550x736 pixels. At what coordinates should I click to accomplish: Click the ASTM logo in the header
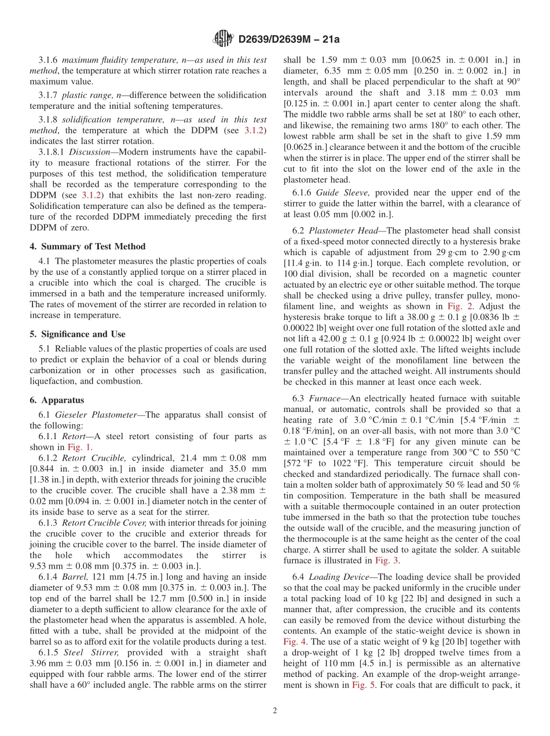[x=225, y=39]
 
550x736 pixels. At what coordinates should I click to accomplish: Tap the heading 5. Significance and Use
[x=78, y=334]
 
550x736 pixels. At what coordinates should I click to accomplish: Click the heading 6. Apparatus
[x=57, y=400]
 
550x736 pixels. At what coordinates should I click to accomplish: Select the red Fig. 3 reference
[x=383, y=560]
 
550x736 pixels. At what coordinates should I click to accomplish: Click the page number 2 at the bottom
[x=275, y=711]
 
